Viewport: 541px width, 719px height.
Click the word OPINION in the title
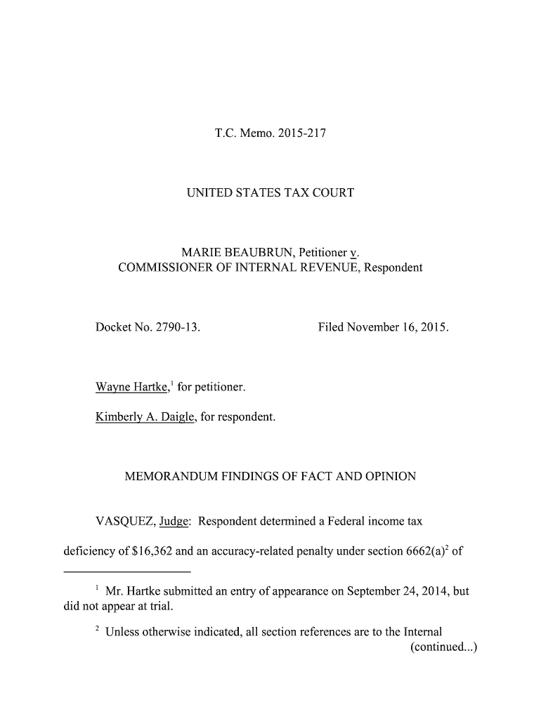(x=388, y=477)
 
